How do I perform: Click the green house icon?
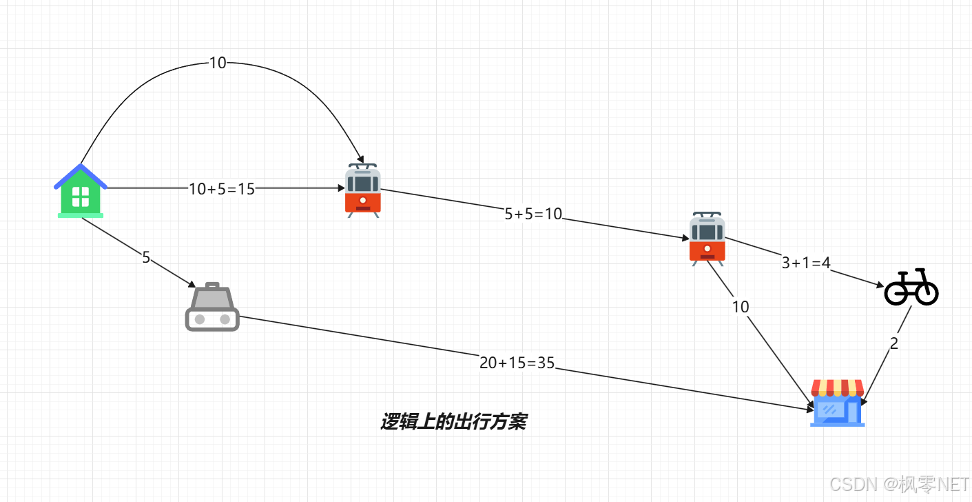point(81,192)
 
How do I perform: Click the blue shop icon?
point(837,403)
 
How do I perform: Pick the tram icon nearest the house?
point(362,191)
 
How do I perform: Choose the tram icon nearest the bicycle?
point(707,239)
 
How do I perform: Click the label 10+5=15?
point(222,189)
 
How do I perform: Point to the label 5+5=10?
point(533,214)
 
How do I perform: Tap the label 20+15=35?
point(517,363)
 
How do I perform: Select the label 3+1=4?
point(806,263)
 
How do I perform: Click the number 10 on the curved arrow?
point(217,63)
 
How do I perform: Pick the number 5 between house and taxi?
point(146,258)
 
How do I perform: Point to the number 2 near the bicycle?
point(894,344)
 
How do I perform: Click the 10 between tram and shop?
point(741,308)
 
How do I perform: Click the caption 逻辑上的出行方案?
point(453,422)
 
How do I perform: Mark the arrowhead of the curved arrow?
point(360,160)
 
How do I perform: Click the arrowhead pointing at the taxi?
point(192,284)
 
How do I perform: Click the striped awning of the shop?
point(837,387)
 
